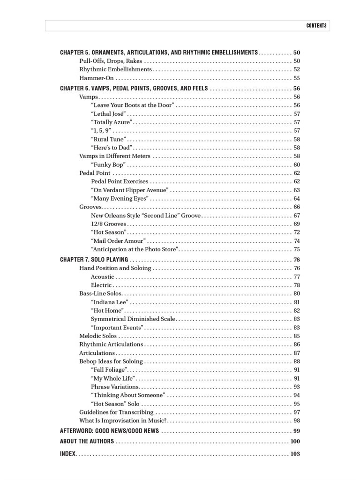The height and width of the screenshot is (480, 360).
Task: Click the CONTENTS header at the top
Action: pos(316,25)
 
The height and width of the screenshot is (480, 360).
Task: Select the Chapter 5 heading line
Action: pos(159,52)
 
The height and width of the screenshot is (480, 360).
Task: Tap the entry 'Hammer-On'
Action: pos(97,78)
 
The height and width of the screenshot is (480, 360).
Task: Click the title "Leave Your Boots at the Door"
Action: pos(133,105)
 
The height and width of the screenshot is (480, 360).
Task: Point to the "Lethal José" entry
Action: pos(108,114)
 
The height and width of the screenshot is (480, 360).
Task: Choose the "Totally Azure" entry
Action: pos(112,122)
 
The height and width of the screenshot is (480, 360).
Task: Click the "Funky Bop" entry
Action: pos(108,165)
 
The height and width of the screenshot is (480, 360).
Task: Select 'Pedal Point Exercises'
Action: pos(120,181)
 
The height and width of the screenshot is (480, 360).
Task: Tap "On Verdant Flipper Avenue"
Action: pos(129,190)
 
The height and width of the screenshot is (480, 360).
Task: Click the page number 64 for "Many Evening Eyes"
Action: pos(297,199)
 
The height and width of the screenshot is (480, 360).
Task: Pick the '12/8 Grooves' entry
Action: pos(109,224)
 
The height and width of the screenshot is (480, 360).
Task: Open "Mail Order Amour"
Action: pos(118,241)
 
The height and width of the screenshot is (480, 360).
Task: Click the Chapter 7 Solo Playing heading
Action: pos(94,260)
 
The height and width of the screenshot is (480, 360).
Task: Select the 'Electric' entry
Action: pos(101,285)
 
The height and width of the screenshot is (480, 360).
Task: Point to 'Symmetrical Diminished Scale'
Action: pos(133,319)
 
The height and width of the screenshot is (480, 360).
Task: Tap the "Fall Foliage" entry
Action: pos(109,370)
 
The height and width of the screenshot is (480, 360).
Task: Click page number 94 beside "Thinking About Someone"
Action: pos(297,395)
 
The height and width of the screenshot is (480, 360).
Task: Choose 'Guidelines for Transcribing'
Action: pos(116,412)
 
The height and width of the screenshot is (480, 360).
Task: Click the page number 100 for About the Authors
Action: pos(295,442)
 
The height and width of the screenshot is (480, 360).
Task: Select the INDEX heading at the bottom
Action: pos(67,454)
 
